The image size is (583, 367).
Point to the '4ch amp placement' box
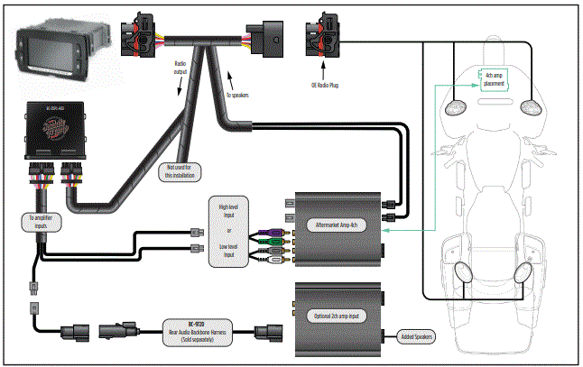click(494, 78)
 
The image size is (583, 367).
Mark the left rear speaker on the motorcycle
click(462, 271)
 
